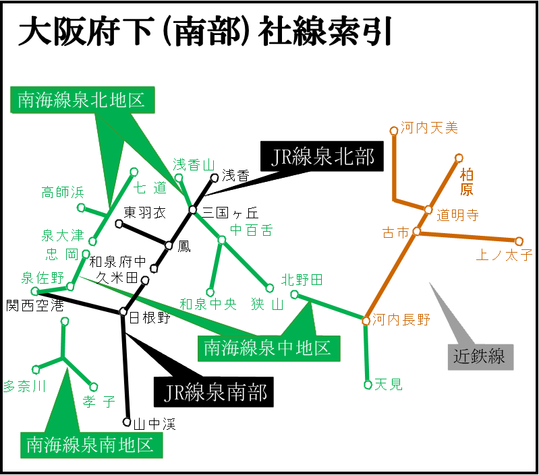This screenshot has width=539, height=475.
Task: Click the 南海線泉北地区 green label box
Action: click(82, 100)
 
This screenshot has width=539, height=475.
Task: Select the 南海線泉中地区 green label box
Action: click(268, 348)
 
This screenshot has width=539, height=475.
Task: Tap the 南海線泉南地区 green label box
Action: click(91, 445)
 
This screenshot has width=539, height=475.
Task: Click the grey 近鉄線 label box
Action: click(480, 356)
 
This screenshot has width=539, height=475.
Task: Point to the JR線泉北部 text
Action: click(322, 157)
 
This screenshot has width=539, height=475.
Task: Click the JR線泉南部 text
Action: click(216, 392)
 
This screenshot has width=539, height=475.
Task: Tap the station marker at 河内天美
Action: click(394, 131)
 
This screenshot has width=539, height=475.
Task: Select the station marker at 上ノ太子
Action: click(519, 241)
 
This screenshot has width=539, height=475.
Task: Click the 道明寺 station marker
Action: click(428, 210)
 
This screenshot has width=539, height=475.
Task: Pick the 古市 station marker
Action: click(417, 231)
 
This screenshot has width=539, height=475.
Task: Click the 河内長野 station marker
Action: click(366, 321)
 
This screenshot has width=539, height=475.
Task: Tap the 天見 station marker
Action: click(368, 385)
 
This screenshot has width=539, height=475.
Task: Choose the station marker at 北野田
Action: click(294, 294)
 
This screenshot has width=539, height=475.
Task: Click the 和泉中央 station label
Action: click(208, 305)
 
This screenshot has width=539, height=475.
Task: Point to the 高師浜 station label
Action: click(63, 193)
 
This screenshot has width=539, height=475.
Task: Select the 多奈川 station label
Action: click(24, 386)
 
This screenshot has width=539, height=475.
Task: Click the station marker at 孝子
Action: click(93, 387)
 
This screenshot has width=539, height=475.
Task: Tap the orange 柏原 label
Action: click(467, 182)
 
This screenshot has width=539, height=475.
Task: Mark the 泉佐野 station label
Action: click(42, 278)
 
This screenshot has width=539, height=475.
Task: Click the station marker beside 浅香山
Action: click(179, 178)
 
